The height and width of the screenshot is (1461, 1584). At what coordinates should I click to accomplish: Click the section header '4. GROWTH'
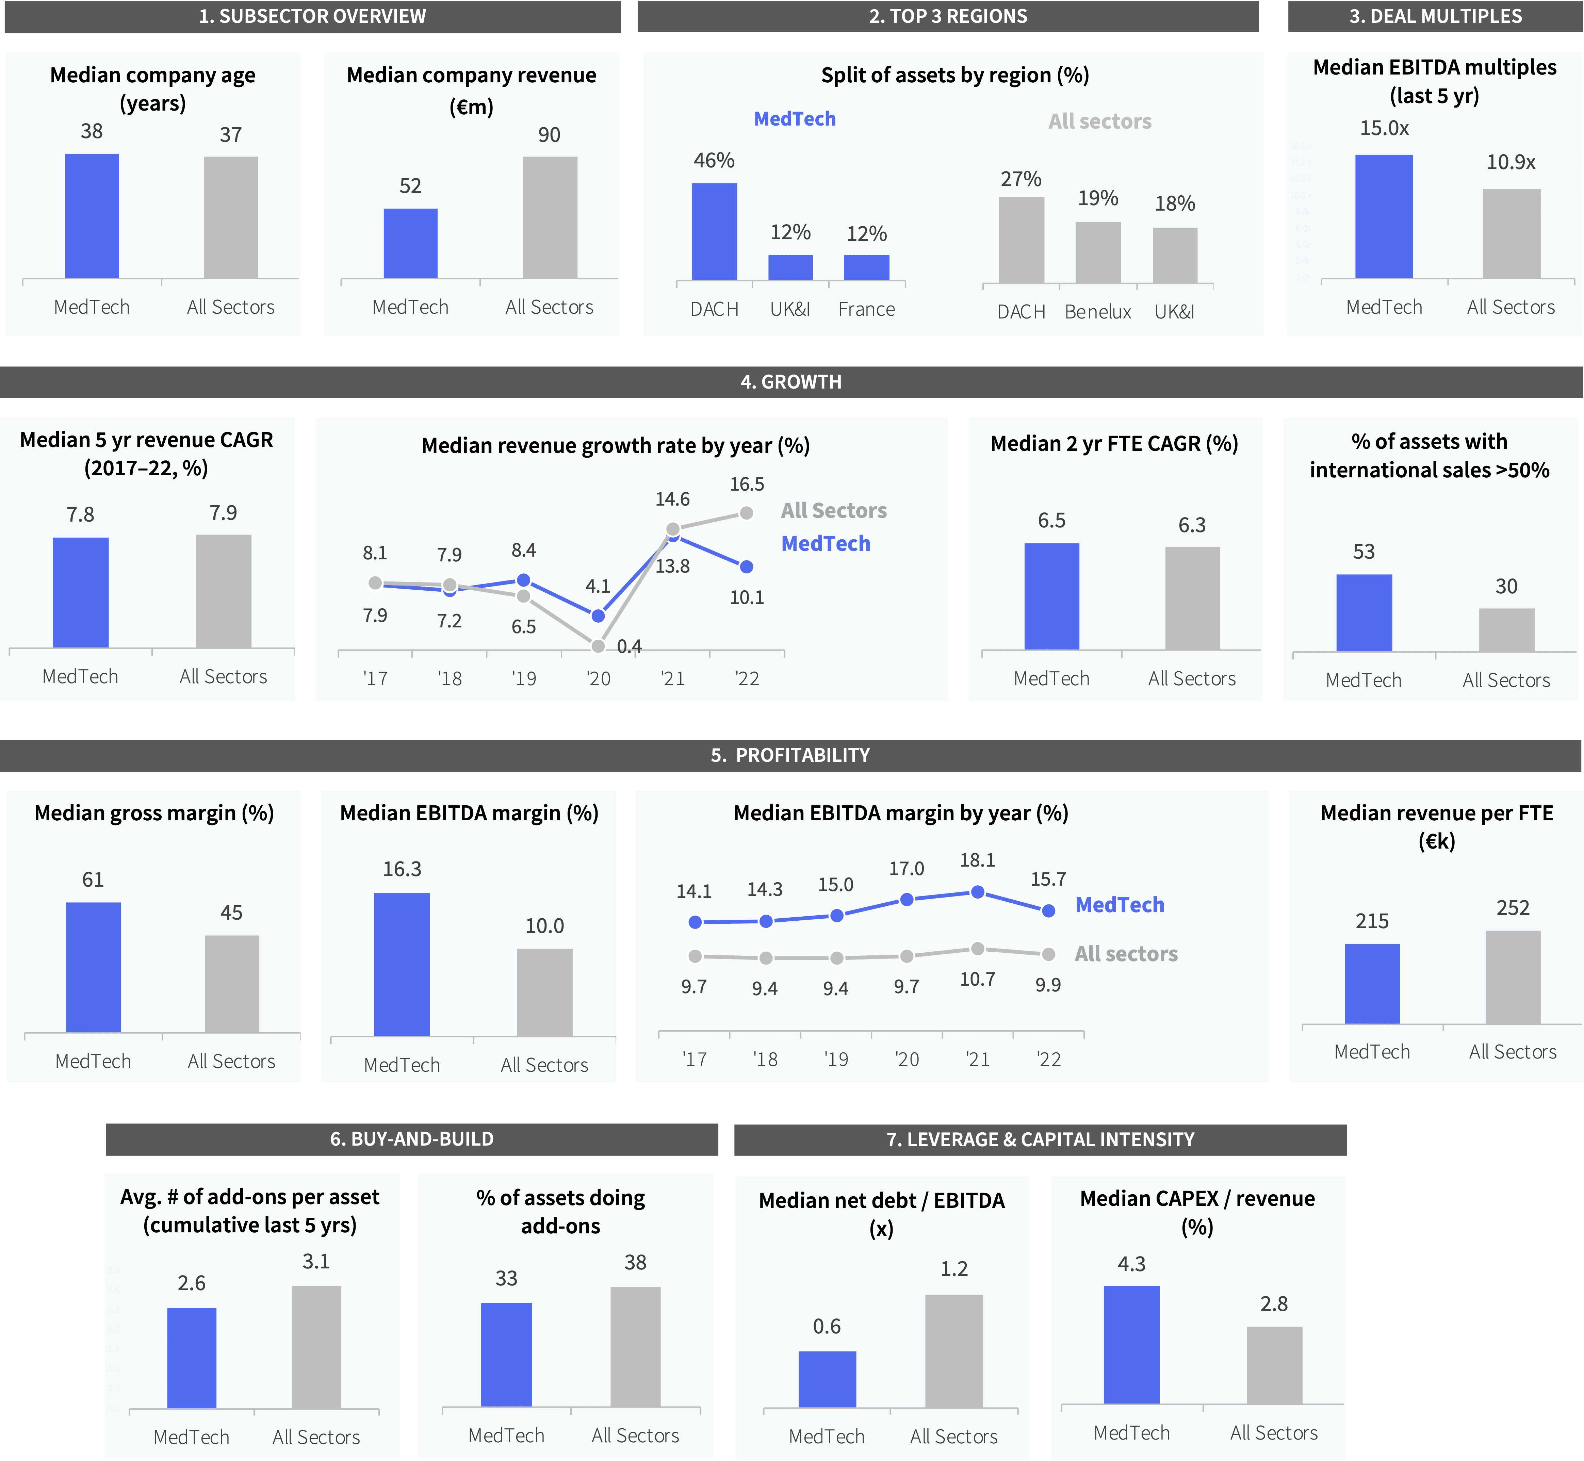pyautogui.click(x=791, y=382)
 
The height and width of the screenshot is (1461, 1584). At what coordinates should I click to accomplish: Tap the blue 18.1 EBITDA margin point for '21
pyautogui.click(x=977, y=892)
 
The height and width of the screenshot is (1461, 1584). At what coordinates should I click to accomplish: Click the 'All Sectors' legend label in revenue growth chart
pyautogui.click(x=834, y=511)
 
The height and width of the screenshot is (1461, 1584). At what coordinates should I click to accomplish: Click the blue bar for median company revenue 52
pyautogui.click(x=410, y=244)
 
